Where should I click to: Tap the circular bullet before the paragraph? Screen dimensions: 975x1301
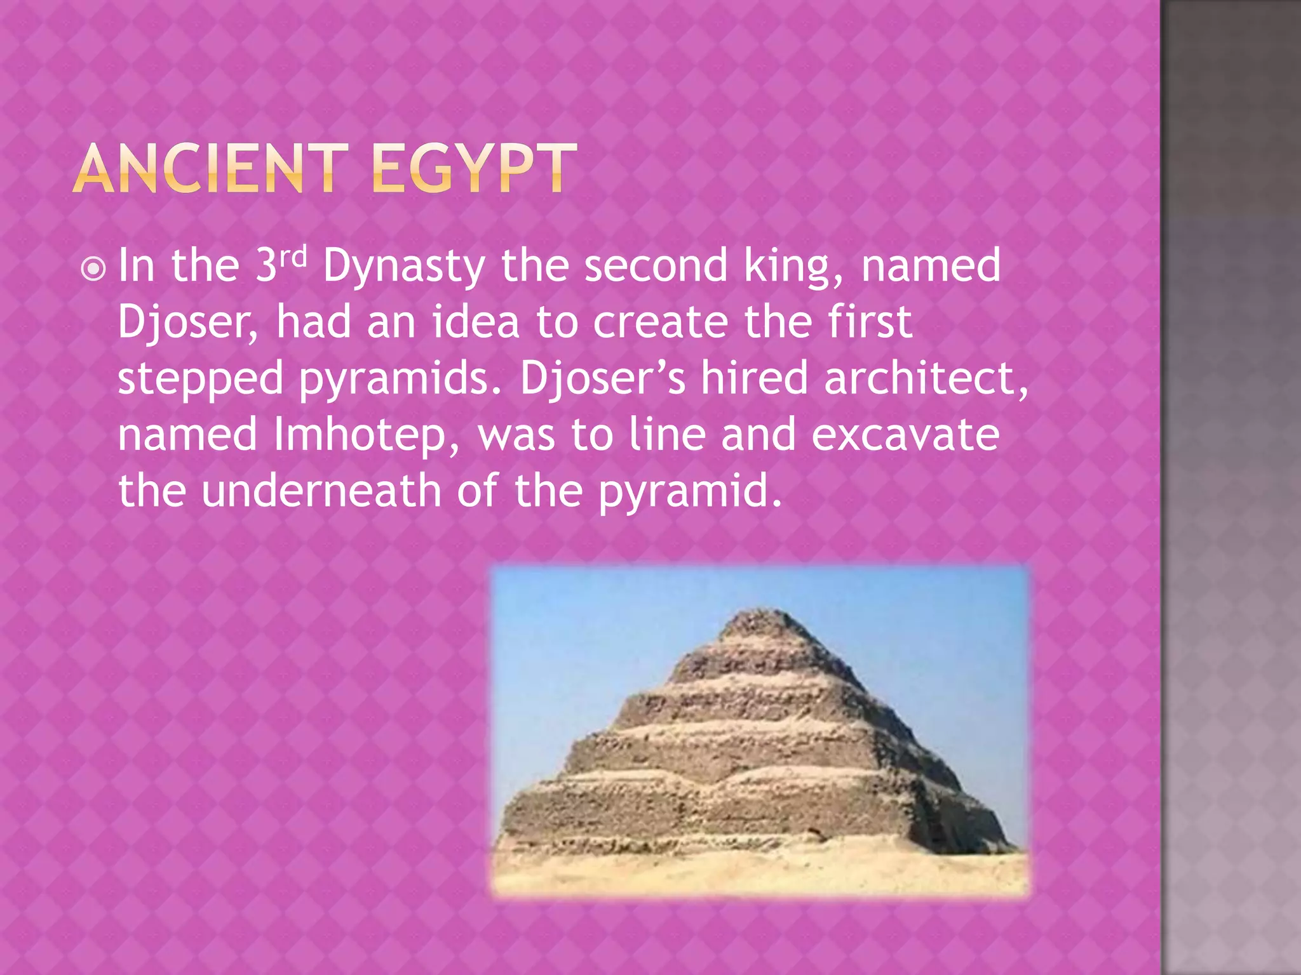coord(93,269)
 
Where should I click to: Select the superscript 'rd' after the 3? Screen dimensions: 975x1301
coord(293,256)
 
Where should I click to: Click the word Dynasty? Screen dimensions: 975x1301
coord(404,267)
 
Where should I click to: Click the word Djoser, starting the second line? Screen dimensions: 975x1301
coord(188,322)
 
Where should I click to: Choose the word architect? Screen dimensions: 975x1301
coord(926,378)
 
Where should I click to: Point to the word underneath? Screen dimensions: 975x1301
coord(321,491)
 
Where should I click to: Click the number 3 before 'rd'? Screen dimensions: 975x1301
coord(266,267)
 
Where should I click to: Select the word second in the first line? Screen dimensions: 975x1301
coord(656,267)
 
